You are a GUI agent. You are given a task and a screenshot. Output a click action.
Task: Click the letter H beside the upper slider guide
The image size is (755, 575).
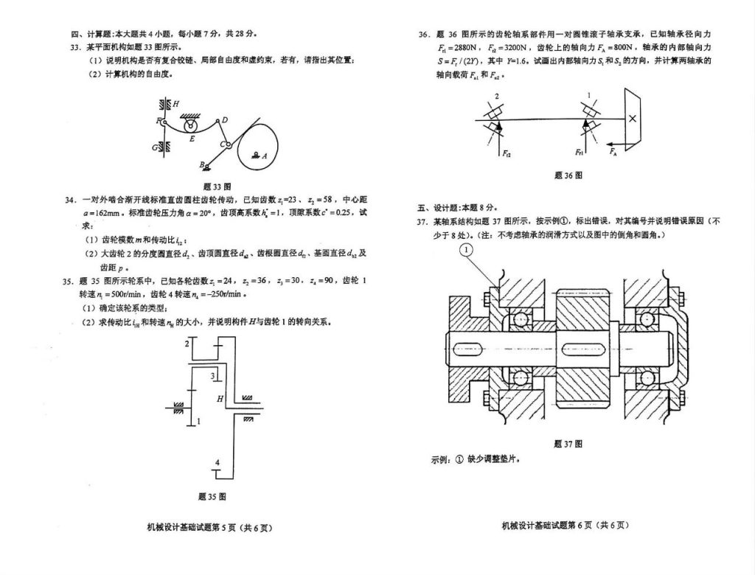click(x=175, y=105)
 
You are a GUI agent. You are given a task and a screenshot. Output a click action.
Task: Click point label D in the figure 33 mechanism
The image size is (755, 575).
click(x=225, y=120)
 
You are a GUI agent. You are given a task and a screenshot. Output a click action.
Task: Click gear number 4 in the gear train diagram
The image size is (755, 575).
click(x=217, y=462)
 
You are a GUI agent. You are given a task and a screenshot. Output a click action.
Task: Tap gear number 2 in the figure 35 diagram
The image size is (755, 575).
click(x=187, y=344)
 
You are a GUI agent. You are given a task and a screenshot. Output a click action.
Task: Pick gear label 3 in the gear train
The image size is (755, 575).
click(x=212, y=376)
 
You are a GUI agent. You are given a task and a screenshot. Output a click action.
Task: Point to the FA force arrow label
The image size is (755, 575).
click(x=613, y=152)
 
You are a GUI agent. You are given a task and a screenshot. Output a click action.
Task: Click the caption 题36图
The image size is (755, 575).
click(x=568, y=175)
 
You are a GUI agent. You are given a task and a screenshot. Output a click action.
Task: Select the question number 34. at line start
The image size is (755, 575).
click(x=71, y=200)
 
